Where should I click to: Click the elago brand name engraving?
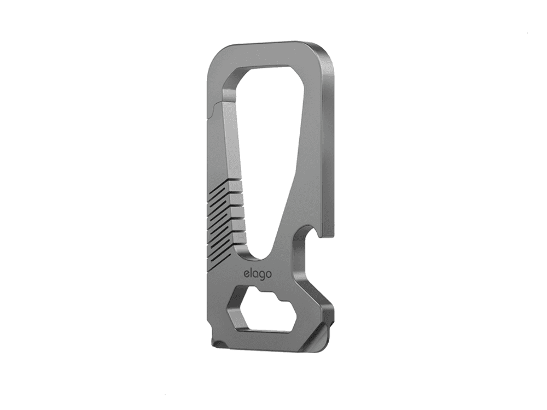[x=258, y=273]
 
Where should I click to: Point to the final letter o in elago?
[x=268, y=274]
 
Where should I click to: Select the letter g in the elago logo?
[x=261, y=275]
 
